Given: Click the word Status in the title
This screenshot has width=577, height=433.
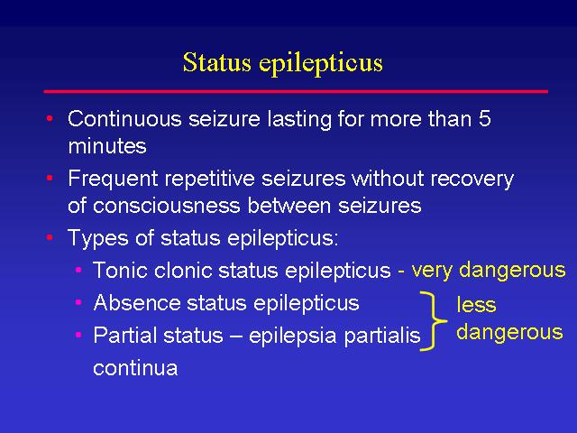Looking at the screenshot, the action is point(217,62).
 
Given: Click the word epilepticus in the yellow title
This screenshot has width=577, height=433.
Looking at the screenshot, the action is point(321,64).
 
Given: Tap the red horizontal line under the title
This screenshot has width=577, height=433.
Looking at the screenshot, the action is point(296,91).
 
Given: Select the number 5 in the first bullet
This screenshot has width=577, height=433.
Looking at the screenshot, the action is point(485,119).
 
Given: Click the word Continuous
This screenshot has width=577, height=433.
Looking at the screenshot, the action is point(124,119).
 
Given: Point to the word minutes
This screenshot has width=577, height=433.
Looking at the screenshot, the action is point(107,146).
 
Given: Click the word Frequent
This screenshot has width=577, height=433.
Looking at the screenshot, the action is point(113,180).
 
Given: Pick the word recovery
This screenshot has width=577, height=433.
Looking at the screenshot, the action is point(472,180).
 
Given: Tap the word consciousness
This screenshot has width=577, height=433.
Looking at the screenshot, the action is point(167,206).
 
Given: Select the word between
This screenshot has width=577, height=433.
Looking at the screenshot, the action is point(288,206).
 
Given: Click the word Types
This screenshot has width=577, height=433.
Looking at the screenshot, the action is point(98,238).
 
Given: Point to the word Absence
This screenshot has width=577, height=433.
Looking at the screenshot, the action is point(137,303).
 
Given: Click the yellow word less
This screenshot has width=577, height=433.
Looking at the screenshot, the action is point(476,305).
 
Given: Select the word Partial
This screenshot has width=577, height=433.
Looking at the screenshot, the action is point(124,336).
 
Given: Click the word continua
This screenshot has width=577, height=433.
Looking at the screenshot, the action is point(135,368).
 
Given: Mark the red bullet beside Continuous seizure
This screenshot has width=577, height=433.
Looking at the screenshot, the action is point(50,118).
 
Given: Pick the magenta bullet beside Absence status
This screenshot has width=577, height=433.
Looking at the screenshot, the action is point(78,303).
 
